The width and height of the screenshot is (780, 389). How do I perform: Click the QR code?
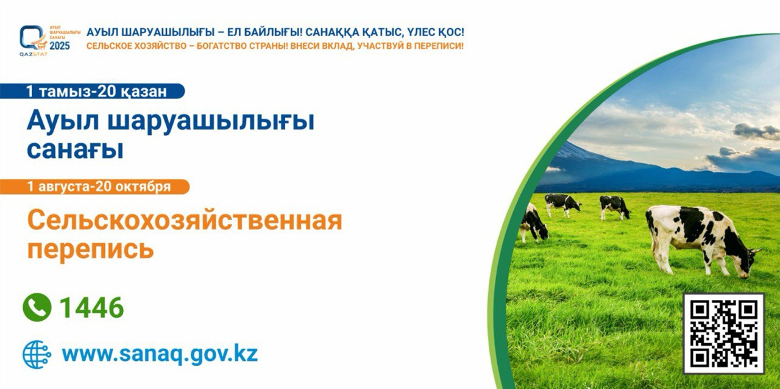723,334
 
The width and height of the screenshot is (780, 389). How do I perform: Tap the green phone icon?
37,307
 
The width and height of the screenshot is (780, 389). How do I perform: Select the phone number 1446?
92,307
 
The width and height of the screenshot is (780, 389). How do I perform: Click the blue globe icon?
37,354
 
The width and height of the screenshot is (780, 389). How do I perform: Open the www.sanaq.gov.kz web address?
160,354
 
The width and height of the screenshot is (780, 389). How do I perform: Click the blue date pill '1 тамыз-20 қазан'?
92,91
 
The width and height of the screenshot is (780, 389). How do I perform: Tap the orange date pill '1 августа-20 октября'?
94,187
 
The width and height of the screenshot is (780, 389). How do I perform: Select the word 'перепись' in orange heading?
91,249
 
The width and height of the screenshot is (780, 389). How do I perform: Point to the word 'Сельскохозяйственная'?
185,221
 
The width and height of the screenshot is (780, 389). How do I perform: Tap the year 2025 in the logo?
60,46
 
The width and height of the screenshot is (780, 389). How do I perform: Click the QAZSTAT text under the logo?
34,54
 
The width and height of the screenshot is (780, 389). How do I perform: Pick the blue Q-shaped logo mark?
31,37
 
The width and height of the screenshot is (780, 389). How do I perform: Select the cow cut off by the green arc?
533,223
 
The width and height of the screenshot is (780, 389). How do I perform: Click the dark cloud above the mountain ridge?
756,132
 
